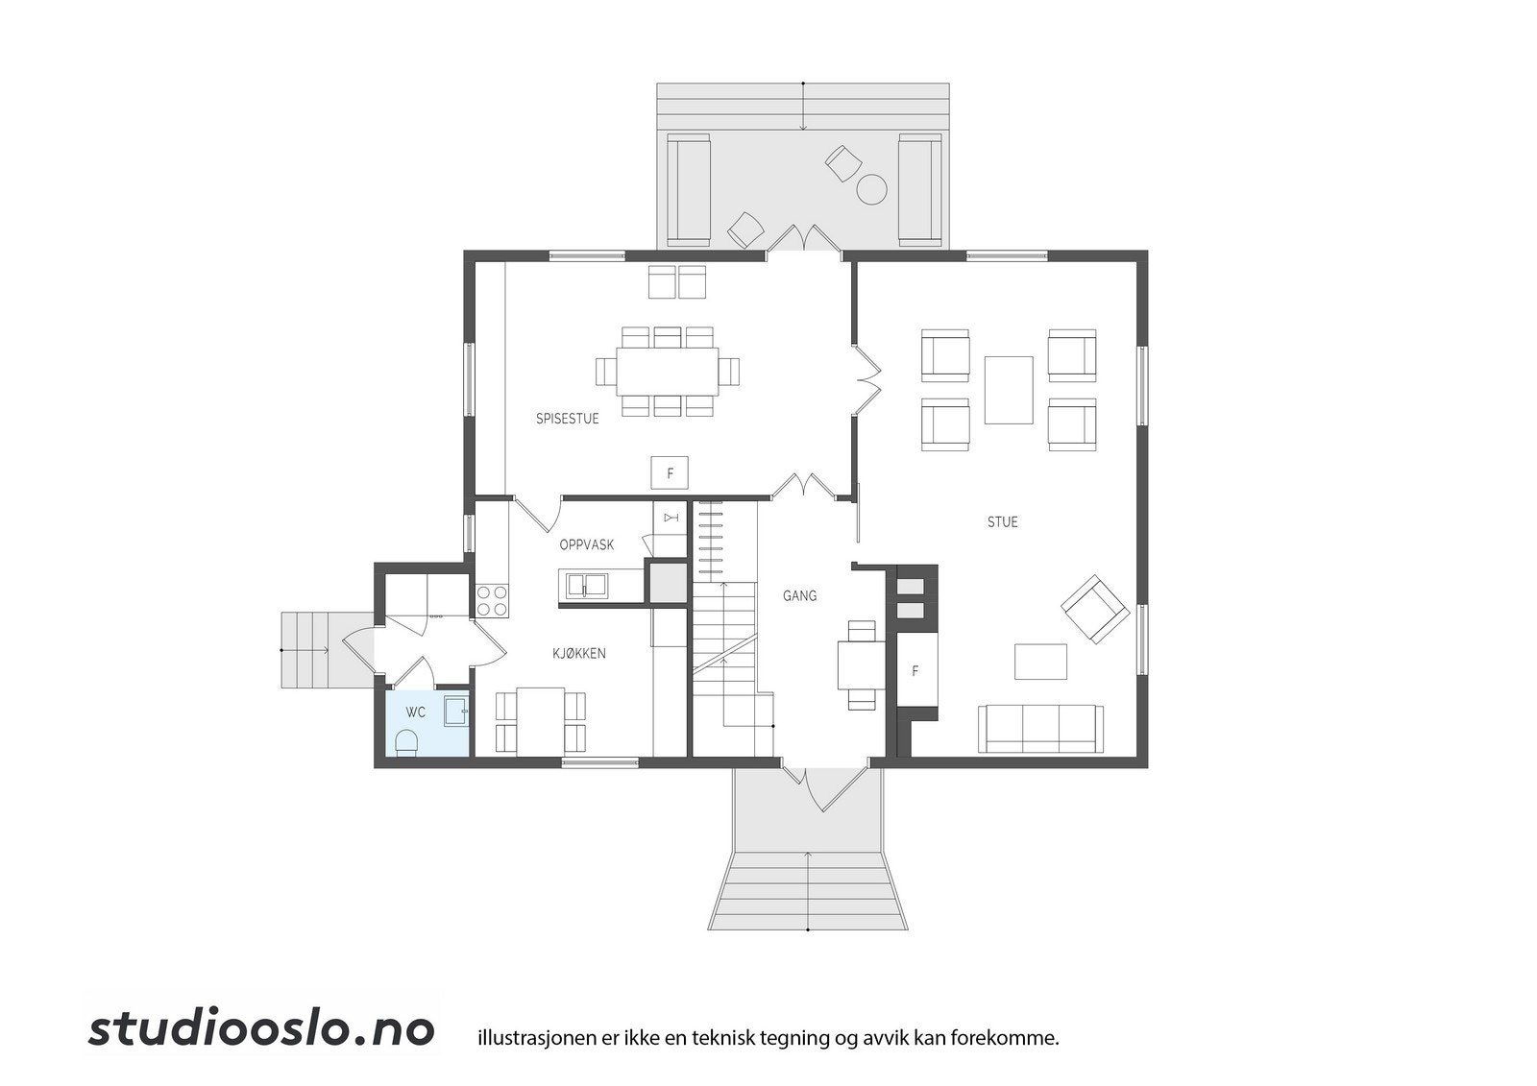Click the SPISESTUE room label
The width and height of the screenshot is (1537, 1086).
click(567, 419)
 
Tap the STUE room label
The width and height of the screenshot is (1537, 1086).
click(1002, 522)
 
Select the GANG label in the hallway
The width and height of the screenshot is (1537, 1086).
click(799, 596)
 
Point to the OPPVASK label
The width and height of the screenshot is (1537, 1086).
click(586, 544)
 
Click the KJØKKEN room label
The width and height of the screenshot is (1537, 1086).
click(578, 654)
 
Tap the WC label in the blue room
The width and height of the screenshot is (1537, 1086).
click(415, 712)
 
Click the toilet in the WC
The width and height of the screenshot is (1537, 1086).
click(407, 742)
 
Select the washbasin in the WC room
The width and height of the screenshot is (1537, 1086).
click(455, 711)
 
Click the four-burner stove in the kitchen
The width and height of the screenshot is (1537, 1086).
click(493, 600)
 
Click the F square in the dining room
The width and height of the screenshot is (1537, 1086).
click(670, 472)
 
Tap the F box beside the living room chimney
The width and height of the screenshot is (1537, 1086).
click(915, 670)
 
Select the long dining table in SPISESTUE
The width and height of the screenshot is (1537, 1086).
click(668, 371)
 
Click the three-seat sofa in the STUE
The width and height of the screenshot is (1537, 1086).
click(1040, 729)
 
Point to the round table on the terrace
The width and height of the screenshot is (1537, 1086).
click(871, 189)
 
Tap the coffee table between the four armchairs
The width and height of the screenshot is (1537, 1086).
click(1008, 390)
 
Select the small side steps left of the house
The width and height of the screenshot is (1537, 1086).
click(305, 650)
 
